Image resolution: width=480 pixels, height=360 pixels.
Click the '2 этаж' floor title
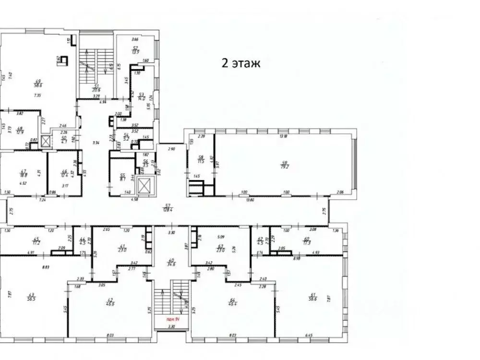click(240, 63)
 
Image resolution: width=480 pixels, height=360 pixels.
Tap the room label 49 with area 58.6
click(36, 82)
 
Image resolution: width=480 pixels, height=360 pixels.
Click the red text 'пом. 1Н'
click(173, 320)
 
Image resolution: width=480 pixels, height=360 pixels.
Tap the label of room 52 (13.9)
click(135, 49)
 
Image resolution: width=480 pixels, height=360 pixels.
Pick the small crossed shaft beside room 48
click(46, 142)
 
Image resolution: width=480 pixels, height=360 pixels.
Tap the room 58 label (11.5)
click(201, 159)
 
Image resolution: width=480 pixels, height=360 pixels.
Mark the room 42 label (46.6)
click(111, 302)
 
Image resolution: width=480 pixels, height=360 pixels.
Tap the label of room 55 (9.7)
click(122, 177)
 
